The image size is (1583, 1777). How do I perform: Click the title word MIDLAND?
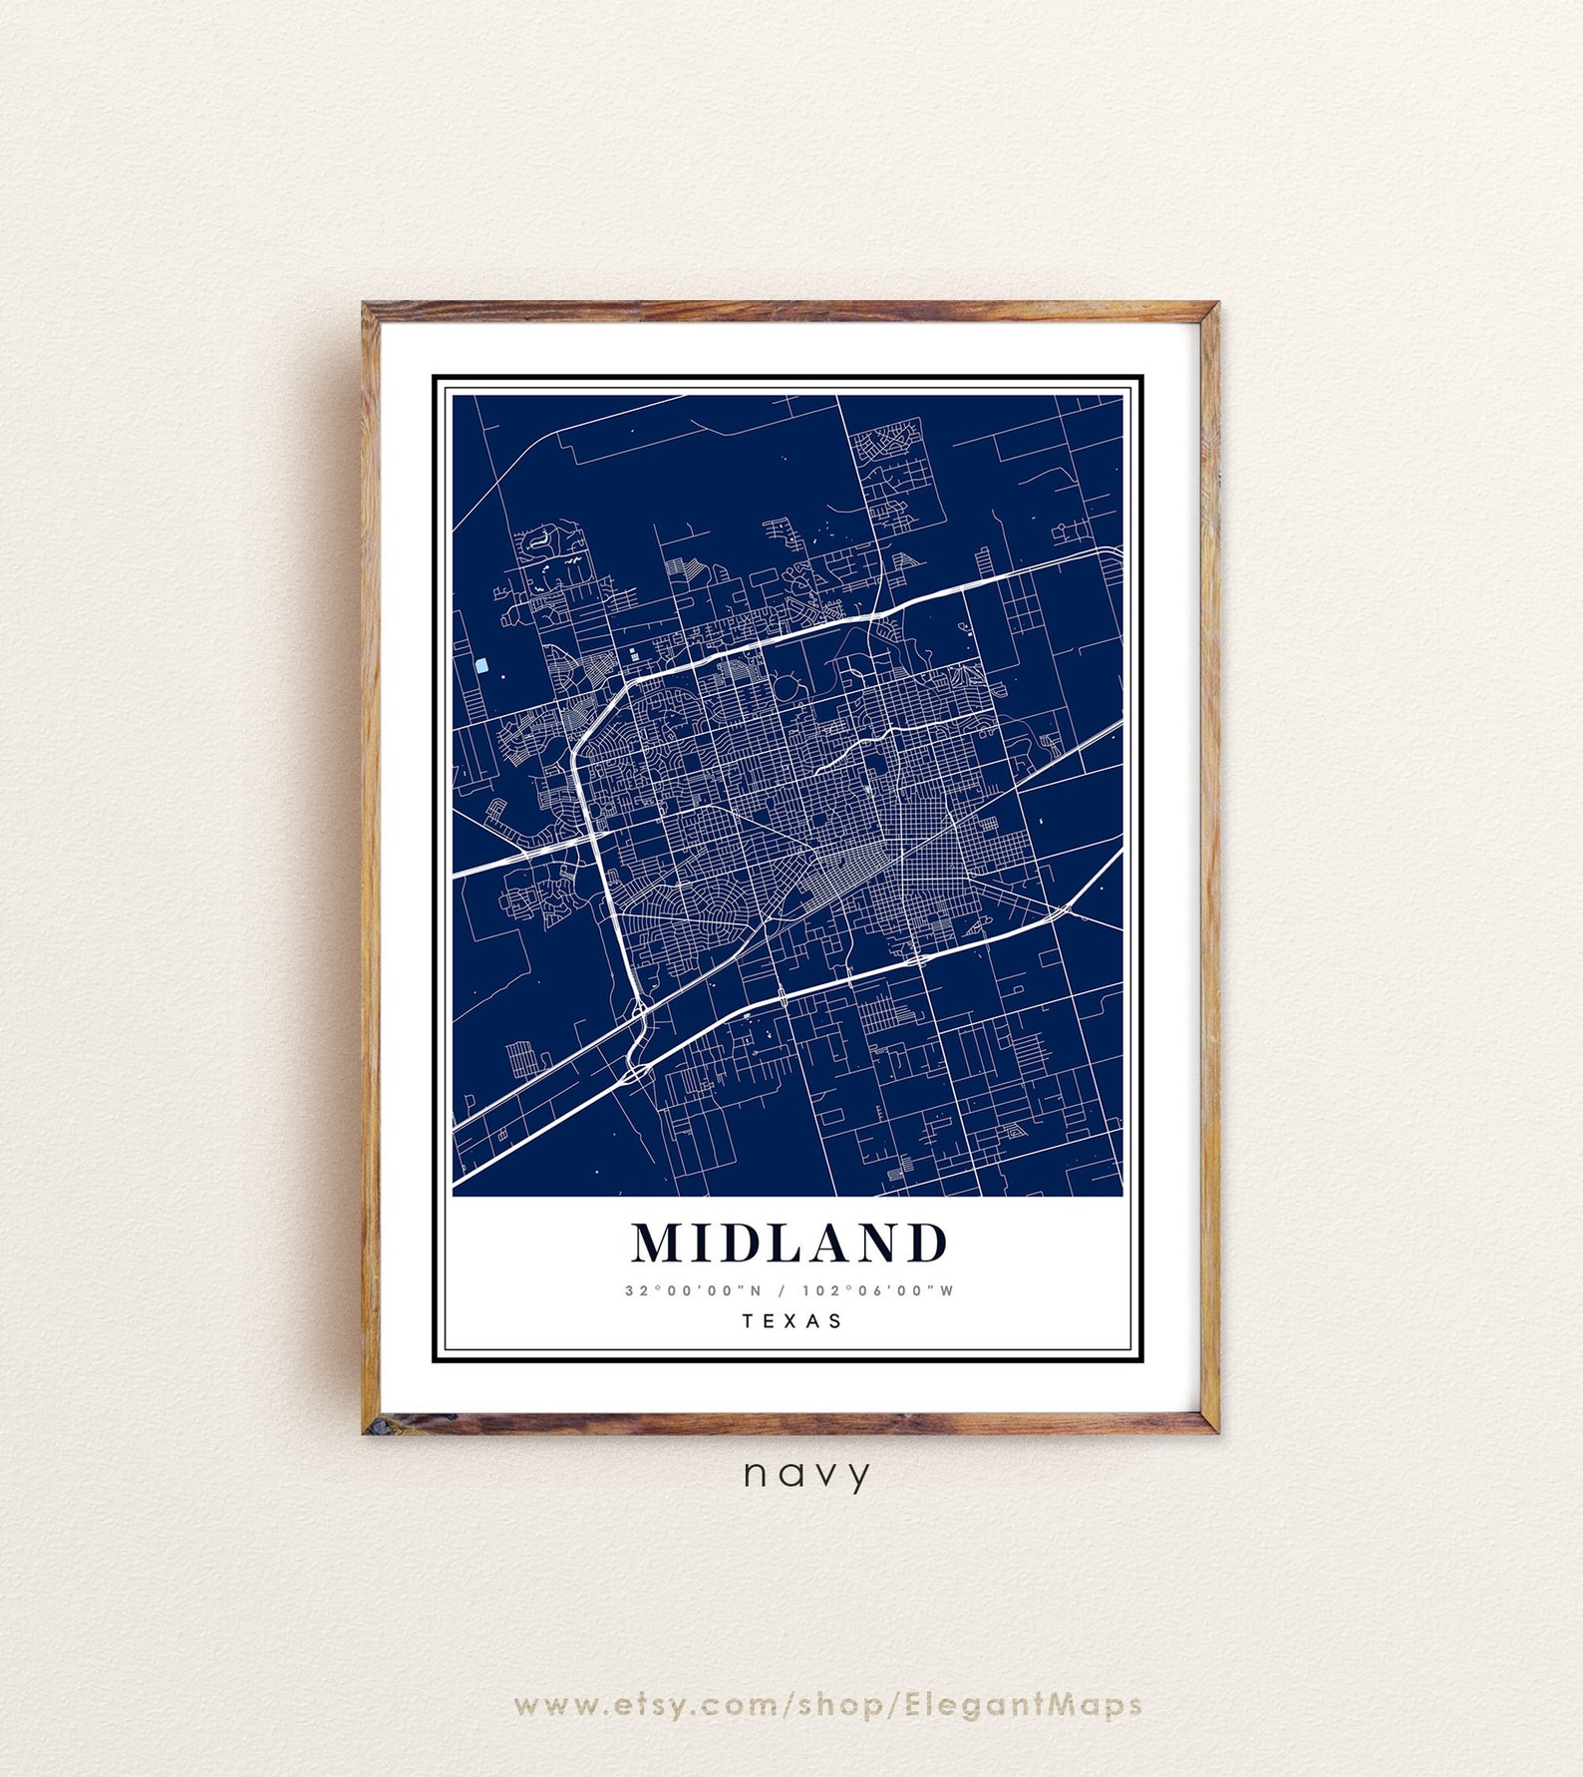(790, 1244)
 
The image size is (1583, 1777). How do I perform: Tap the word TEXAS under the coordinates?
(792, 1321)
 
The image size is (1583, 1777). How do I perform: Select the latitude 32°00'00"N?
(694, 1290)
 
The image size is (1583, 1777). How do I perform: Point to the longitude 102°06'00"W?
(878, 1290)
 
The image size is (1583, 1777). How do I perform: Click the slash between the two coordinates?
(783, 1290)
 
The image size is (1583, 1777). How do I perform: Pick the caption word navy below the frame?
(807, 1474)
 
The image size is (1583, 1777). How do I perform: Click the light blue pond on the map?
(481, 665)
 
